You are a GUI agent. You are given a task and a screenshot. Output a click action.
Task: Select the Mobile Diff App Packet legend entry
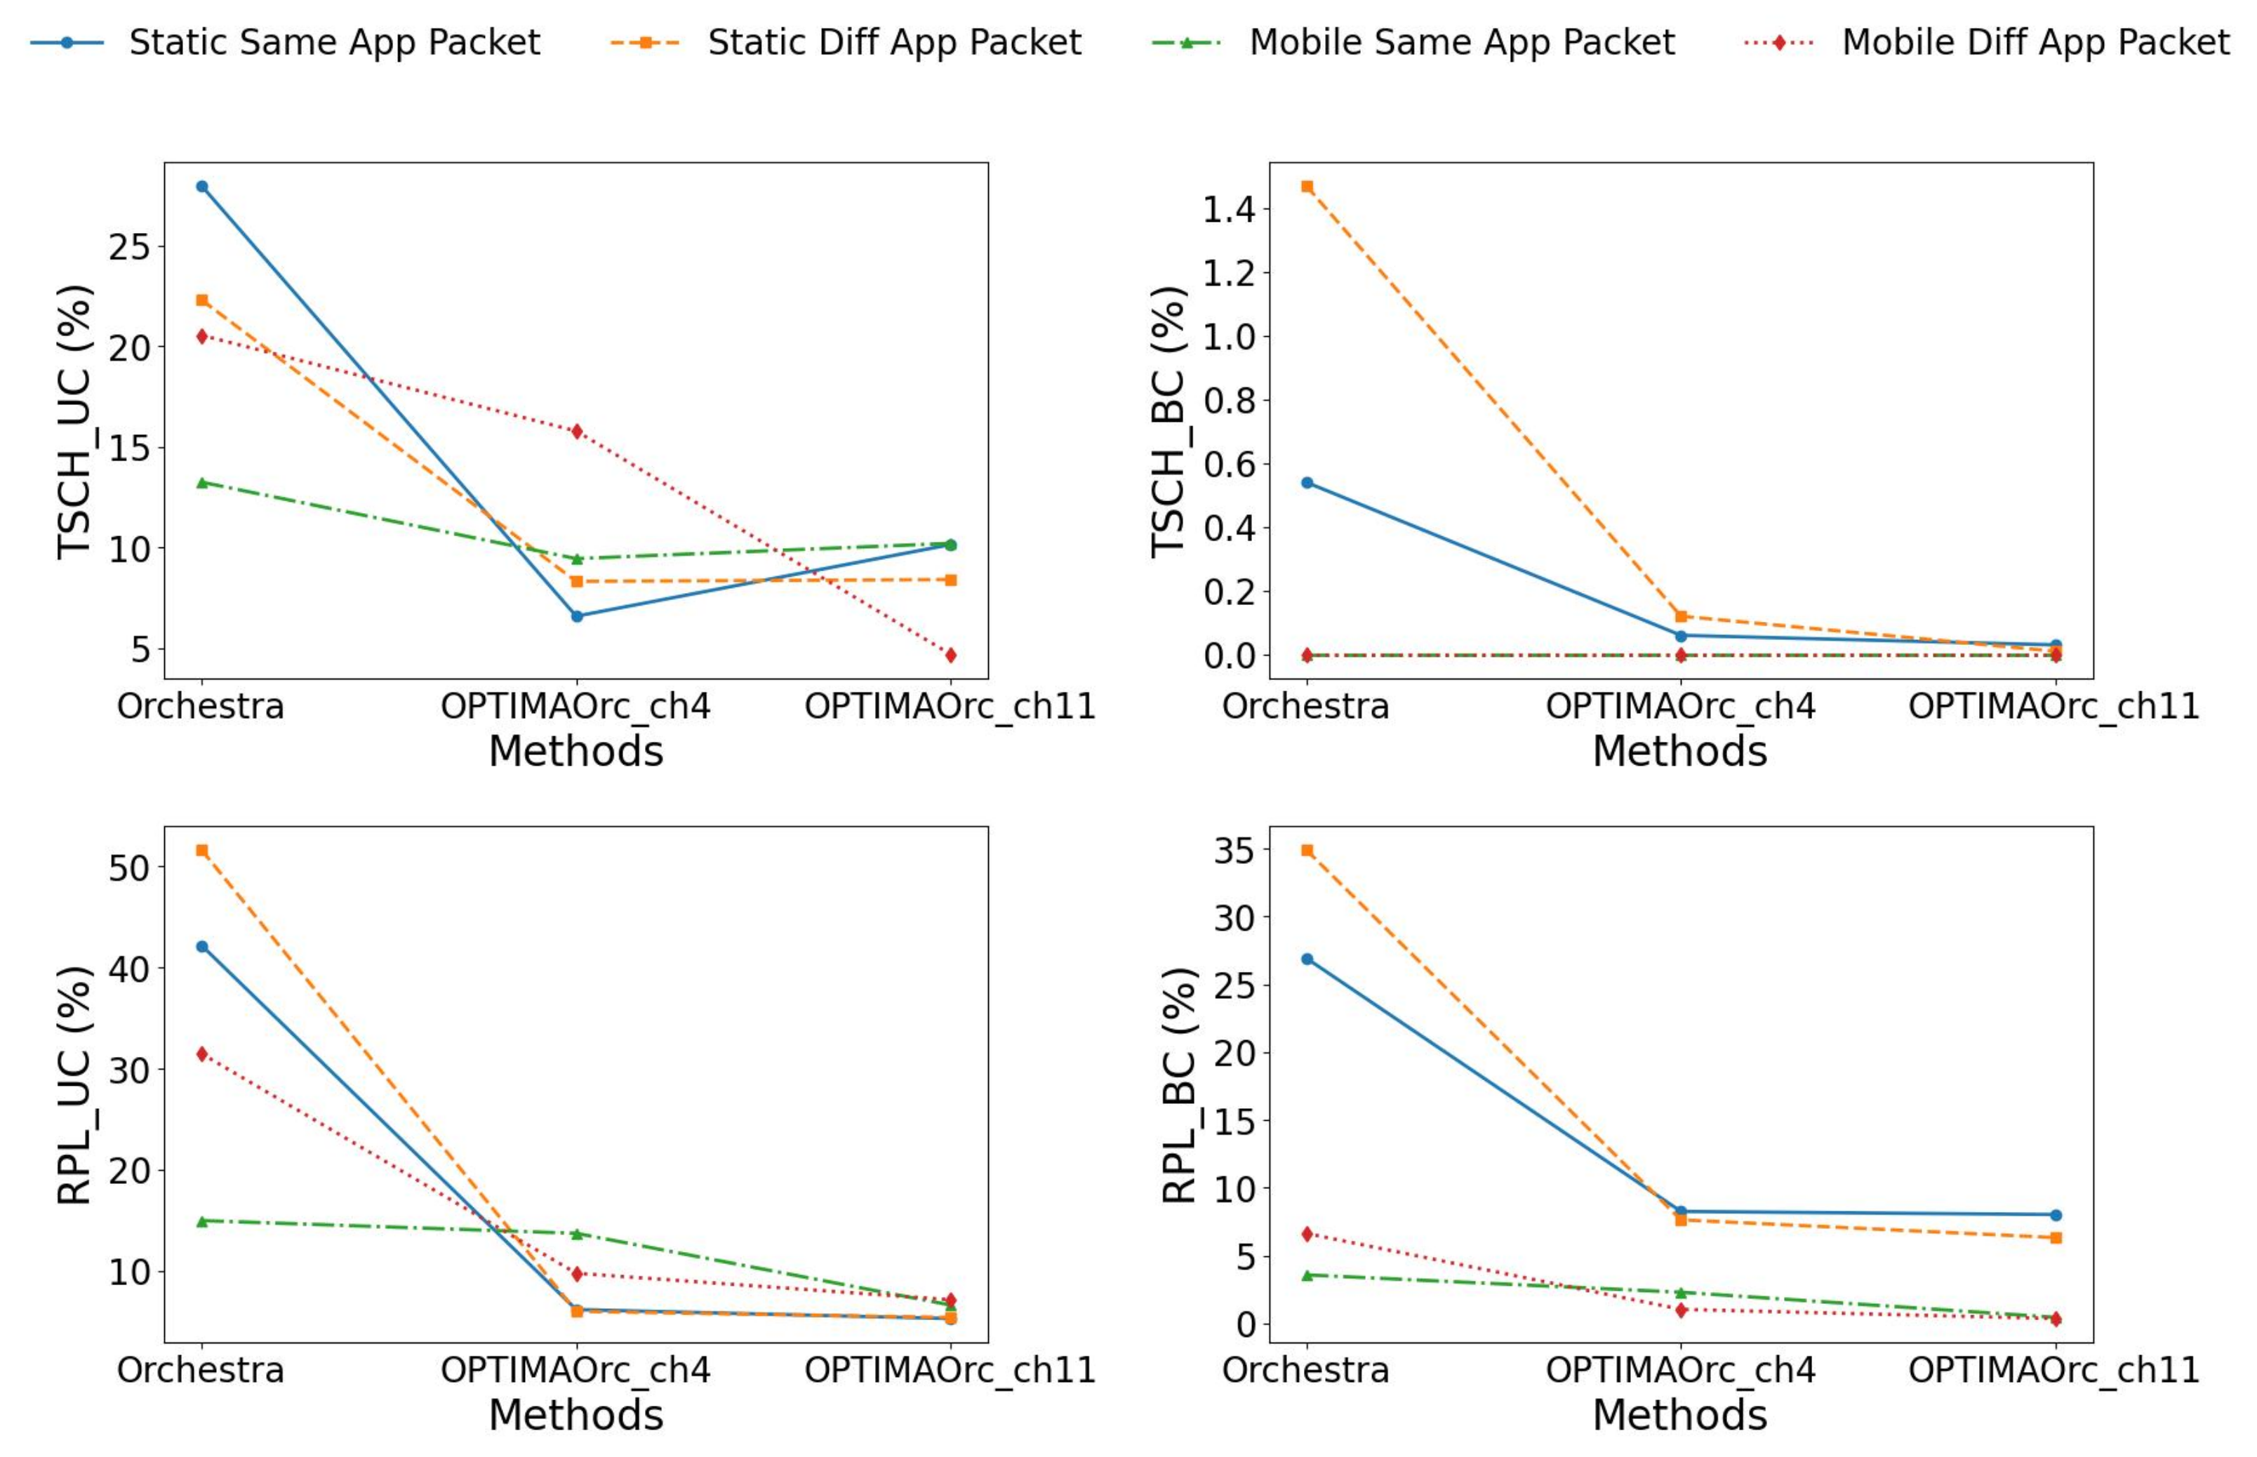coord(1988,43)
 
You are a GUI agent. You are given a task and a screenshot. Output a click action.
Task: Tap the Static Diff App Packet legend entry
coord(846,43)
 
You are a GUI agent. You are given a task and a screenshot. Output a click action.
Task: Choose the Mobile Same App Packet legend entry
coord(1414,43)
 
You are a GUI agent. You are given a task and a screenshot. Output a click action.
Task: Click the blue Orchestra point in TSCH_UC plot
coord(201,187)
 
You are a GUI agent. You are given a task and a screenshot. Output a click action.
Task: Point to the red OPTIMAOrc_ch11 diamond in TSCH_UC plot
coord(951,655)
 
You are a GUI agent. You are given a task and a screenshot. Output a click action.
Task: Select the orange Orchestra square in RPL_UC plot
coord(201,851)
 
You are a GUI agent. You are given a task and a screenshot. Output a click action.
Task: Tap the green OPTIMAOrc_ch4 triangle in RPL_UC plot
coord(577,1234)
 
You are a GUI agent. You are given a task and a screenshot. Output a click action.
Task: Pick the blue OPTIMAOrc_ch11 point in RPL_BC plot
coord(2056,1215)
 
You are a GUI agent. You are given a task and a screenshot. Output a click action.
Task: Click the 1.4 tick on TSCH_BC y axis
coord(1229,209)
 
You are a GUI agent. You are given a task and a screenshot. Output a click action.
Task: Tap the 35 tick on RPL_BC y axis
coord(1234,851)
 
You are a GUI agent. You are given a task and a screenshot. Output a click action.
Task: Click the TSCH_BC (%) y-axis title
coord(1169,422)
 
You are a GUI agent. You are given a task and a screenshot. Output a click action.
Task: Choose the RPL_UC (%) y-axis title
coord(74,1085)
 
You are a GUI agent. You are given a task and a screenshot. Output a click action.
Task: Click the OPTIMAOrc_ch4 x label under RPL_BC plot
coord(1681,1370)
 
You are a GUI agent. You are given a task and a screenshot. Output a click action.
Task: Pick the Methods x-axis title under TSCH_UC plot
coord(576,751)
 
